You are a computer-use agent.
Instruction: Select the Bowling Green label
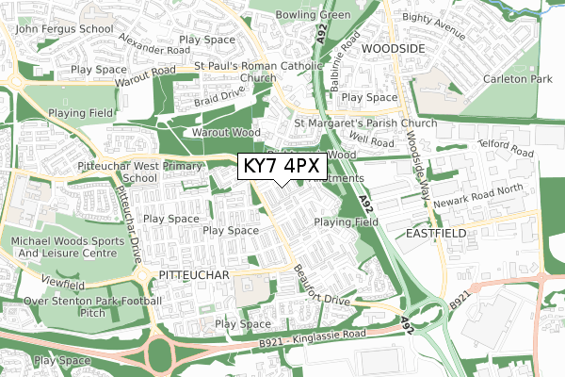click(x=314, y=15)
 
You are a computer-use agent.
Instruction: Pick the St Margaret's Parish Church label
click(x=366, y=123)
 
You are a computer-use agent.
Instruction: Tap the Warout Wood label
click(x=226, y=134)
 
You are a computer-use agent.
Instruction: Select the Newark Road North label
click(x=509, y=188)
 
